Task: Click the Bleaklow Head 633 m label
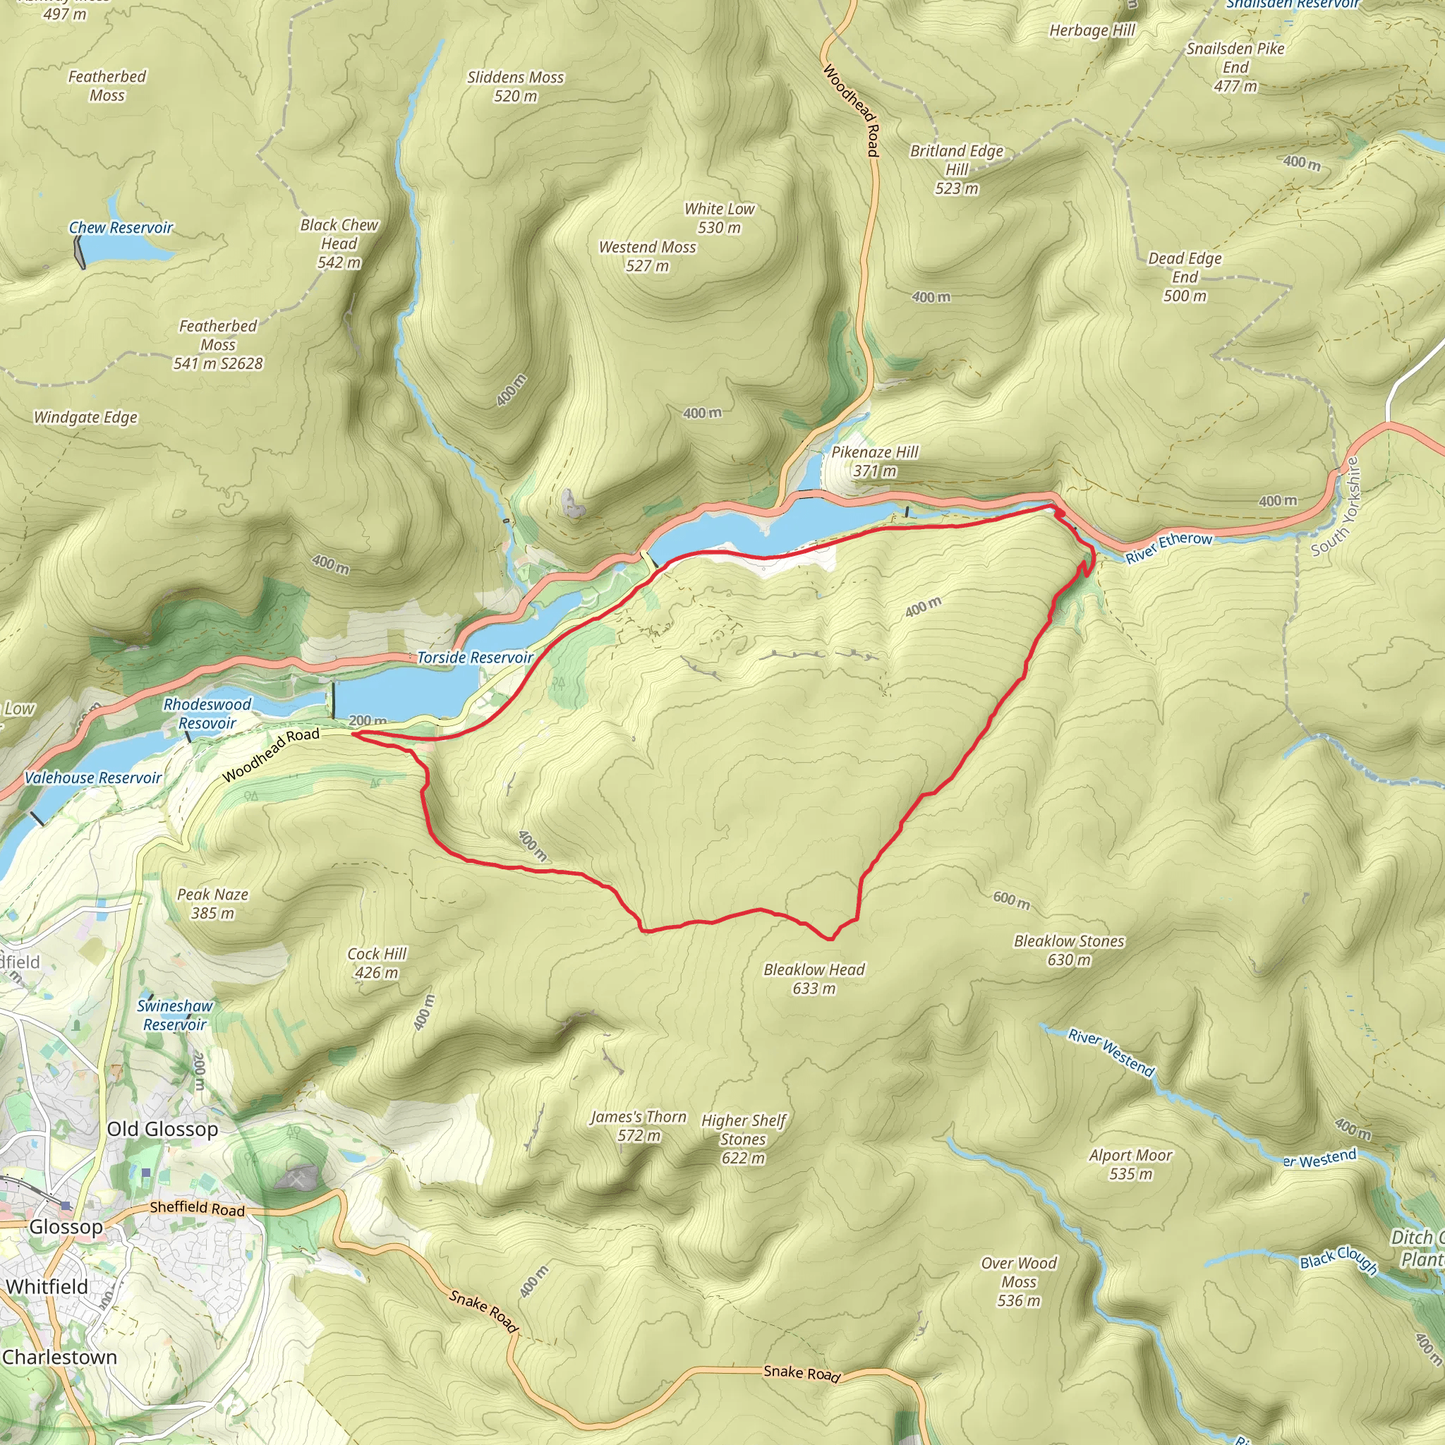coord(814,979)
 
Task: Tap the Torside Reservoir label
coord(475,658)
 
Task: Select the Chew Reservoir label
coord(121,227)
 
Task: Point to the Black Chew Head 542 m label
coord(339,243)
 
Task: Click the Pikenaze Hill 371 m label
coord(874,461)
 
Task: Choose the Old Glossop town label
coord(162,1129)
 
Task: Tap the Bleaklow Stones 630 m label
coord(1069,950)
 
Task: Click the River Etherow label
coord(1168,548)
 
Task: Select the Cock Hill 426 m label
coord(376,962)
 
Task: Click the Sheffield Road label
coord(198,1208)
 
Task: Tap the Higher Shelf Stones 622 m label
coord(744,1139)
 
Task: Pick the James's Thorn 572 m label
coord(638,1125)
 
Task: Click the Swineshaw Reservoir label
coord(175,1015)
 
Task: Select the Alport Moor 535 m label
coord(1130,1163)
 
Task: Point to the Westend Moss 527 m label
coord(647,256)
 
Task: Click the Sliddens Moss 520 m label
coord(515,86)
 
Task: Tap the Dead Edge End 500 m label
coord(1185,277)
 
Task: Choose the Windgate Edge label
coord(85,418)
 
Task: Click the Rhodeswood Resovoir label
coord(207,713)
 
